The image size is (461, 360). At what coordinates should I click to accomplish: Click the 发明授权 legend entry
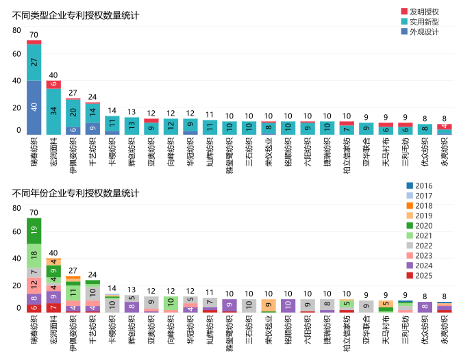[x=423, y=12]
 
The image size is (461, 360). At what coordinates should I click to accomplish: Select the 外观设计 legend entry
[x=423, y=32]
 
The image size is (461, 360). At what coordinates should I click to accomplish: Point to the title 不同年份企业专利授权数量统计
[x=76, y=193]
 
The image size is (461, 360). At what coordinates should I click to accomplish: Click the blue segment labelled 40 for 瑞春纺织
[x=34, y=107]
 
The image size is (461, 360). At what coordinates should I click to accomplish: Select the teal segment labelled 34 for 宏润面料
[x=53, y=111]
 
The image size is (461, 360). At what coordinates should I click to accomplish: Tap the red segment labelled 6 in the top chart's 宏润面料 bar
[x=53, y=84]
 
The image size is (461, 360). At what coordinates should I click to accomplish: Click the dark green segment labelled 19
[x=34, y=230]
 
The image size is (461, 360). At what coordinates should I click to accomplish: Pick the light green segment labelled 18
[x=34, y=255]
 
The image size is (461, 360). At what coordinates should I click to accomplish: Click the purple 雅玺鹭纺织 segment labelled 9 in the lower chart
[x=231, y=305]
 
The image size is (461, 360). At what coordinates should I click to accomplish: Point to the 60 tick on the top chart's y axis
[x=16, y=53]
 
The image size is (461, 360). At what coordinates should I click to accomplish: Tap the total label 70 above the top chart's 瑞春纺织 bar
[x=34, y=35]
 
